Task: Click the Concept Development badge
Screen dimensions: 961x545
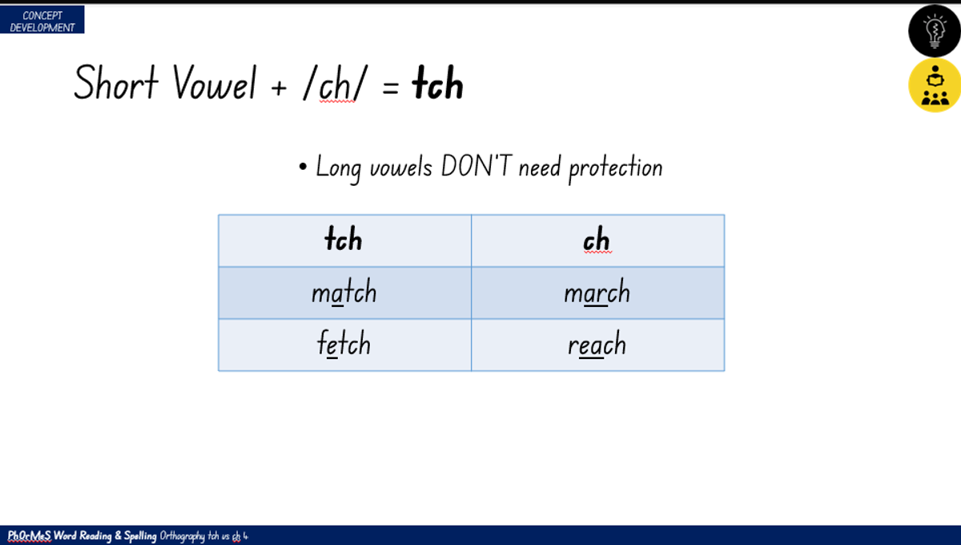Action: [x=42, y=20]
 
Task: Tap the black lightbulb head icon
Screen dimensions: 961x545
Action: [x=935, y=31]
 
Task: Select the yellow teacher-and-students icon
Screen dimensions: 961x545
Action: [x=935, y=86]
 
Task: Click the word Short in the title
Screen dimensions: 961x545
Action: [x=116, y=83]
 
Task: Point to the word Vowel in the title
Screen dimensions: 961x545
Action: [x=215, y=83]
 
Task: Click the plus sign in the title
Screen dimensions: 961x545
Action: [x=279, y=88]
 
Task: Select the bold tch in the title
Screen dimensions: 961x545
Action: [x=437, y=83]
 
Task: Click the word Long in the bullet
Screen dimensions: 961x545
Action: [x=339, y=168]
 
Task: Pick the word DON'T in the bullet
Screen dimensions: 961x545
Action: [x=476, y=166]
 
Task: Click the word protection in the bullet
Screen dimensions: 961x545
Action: [x=616, y=168]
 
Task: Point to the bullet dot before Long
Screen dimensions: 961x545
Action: [x=303, y=167]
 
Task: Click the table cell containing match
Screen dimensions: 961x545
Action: [x=344, y=293]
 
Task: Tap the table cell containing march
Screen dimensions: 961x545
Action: [x=597, y=293]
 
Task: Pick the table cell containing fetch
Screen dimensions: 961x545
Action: [x=344, y=345]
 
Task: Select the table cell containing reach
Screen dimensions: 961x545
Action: [x=597, y=345]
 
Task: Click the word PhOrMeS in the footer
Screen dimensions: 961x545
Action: [x=29, y=535]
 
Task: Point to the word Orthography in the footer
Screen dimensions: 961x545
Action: [x=182, y=536]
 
